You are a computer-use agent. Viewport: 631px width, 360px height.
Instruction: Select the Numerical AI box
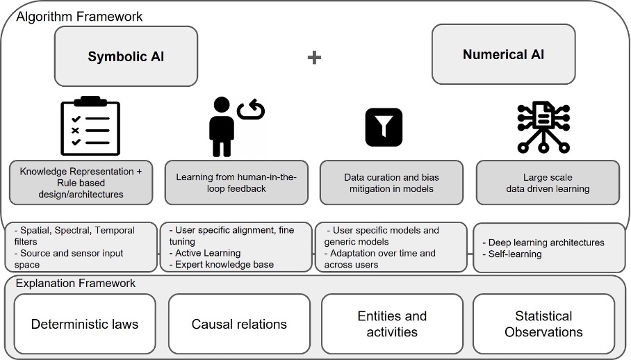(504, 54)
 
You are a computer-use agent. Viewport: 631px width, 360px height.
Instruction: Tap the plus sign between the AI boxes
(314, 57)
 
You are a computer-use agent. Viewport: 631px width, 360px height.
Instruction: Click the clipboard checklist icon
(90, 126)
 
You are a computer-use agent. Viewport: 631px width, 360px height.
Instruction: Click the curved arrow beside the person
(251, 109)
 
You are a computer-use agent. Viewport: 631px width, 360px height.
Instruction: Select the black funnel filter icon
(384, 126)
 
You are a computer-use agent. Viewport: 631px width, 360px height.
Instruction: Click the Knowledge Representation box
(81, 183)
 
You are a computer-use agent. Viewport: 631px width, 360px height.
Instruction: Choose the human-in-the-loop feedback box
(236, 183)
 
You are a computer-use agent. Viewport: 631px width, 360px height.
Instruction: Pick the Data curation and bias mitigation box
(391, 183)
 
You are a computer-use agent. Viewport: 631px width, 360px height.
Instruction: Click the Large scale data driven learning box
(547, 183)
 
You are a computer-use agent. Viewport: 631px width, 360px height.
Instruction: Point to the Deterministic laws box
(85, 324)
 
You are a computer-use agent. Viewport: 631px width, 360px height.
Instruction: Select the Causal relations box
(238, 324)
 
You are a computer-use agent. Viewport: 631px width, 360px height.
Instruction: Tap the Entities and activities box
(392, 324)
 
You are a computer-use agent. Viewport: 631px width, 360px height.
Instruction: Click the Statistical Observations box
(543, 324)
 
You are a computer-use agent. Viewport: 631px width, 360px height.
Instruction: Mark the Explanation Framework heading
(75, 284)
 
